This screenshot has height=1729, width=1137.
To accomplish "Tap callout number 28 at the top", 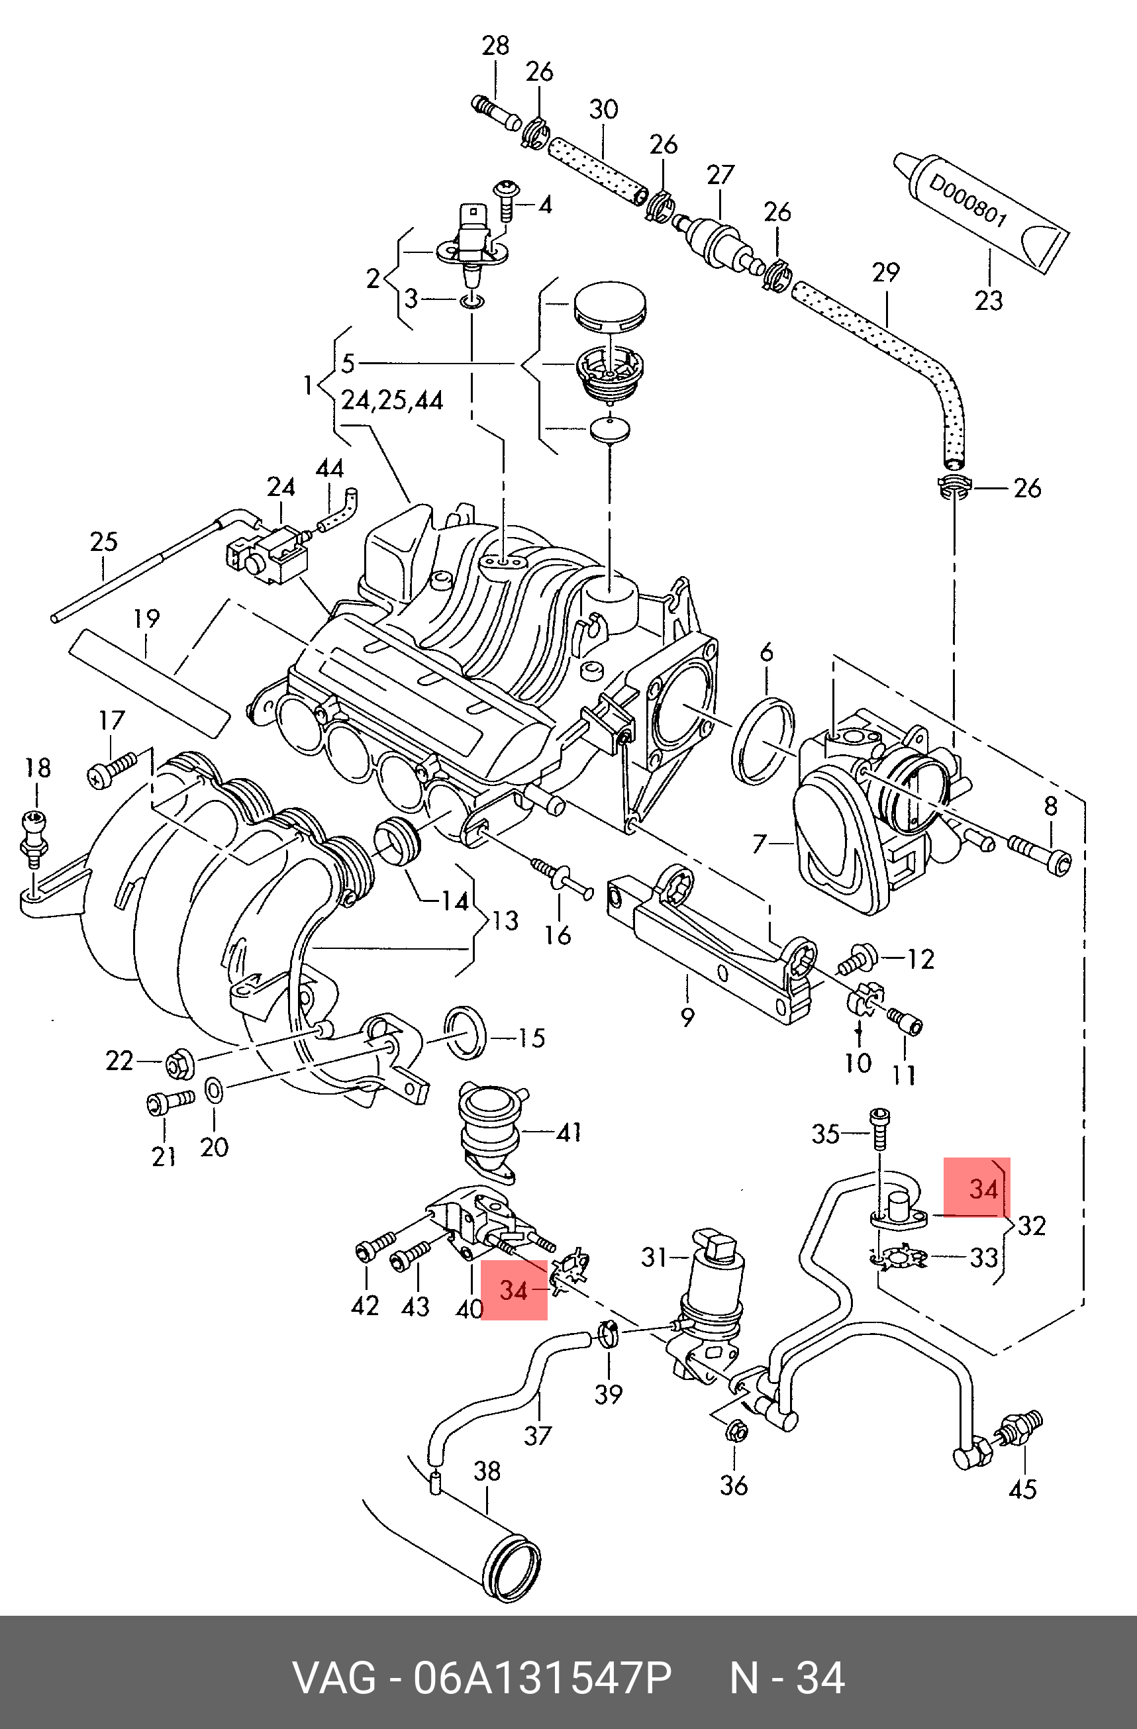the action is [495, 45].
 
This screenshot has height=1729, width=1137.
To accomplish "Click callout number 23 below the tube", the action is [988, 300].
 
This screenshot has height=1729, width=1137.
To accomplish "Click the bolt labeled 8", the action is [1040, 854].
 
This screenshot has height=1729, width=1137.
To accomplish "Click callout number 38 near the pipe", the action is [487, 1471].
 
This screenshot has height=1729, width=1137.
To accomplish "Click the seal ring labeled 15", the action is [465, 1033].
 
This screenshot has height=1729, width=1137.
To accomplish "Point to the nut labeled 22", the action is [177, 1065].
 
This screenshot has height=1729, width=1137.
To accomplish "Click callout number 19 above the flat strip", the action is [146, 619].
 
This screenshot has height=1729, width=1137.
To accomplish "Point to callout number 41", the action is [569, 1132].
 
